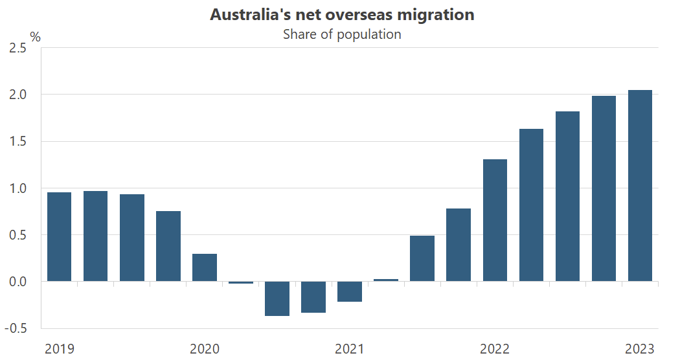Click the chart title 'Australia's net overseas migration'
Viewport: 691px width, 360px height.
coord(342,14)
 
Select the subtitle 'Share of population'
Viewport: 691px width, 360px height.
coord(342,34)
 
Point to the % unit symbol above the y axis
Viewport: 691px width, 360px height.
coord(35,37)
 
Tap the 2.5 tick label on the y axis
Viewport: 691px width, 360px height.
coord(17,48)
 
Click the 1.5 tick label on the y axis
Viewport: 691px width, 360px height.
coord(17,141)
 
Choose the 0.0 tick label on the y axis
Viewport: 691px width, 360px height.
coord(17,282)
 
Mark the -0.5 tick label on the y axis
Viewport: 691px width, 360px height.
coord(16,328)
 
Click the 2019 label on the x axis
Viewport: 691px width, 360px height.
coord(60,349)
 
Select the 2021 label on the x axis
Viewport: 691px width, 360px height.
coord(350,349)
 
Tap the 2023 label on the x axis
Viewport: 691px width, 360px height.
coord(640,349)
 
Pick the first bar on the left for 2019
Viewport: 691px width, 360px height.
coord(60,237)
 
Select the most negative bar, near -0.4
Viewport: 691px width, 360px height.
coord(277,298)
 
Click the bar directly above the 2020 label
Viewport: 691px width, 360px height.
coord(205,267)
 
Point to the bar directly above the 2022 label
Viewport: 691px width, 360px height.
coord(495,220)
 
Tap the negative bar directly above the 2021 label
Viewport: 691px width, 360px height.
coord(350,291)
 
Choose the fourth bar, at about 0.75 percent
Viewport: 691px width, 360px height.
coord(168,246)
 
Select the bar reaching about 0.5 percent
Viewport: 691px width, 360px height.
coord(422,258)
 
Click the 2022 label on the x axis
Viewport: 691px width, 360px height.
coord(495,349)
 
